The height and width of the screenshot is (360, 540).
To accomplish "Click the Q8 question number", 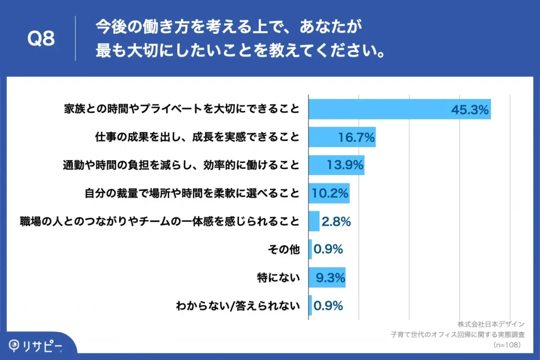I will click(x=41, y=38).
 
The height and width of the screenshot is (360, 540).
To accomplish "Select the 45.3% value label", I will click(x=470, y=110).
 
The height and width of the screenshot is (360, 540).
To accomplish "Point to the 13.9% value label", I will click(x=345, y=165).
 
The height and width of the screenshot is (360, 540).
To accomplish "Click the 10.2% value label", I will click(x=330, y=193).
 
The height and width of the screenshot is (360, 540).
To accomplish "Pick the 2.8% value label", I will click(x=336, y=221).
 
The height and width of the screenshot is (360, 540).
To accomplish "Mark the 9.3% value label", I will click(x=330, y=277).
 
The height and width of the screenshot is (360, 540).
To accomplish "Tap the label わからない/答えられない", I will click(x=238, y=305).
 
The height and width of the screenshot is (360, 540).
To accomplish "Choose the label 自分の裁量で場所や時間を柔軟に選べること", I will click(x=192, y=193).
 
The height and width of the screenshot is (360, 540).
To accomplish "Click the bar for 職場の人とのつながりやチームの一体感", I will click(x=314, y=221).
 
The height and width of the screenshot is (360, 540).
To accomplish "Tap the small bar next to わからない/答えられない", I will click(x=310, y=305).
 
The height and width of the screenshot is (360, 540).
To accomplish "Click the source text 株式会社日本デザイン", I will click(x=491, y=324).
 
